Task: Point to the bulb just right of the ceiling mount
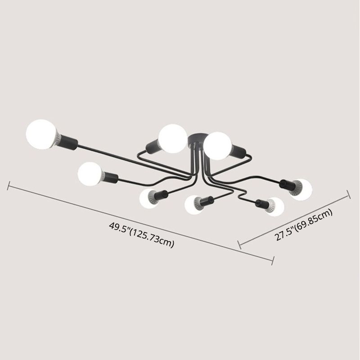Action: pos(218,144)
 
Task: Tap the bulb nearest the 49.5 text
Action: pos(148,199)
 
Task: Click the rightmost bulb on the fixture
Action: pos(301,189)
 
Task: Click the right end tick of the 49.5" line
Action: pos(273,260)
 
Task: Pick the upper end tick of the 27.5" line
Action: pos(348,193)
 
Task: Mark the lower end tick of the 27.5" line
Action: pos(240,245)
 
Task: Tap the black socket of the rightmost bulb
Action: pos(287,183)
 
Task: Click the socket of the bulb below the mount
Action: pos(207,199)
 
